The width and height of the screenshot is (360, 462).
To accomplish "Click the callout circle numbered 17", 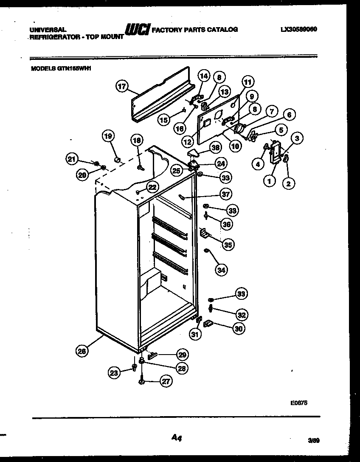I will click(122, 86).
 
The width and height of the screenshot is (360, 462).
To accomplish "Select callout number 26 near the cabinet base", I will click(82, 350).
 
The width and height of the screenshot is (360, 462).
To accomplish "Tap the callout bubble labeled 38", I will click(216, 147).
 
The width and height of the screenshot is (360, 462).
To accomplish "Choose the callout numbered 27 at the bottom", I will click(166, 381).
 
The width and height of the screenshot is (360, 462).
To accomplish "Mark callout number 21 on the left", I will click(72, 159).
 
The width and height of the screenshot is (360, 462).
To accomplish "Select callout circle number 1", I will click(268, 181).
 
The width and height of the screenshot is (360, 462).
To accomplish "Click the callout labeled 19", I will click(108, 136).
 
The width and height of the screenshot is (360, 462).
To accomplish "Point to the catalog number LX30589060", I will click(299, 30).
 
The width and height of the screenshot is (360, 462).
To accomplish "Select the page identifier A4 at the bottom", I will click(177, 438).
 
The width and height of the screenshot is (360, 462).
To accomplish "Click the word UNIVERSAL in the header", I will click(48, 30).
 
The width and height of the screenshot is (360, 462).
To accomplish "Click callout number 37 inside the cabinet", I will click(225, 194).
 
